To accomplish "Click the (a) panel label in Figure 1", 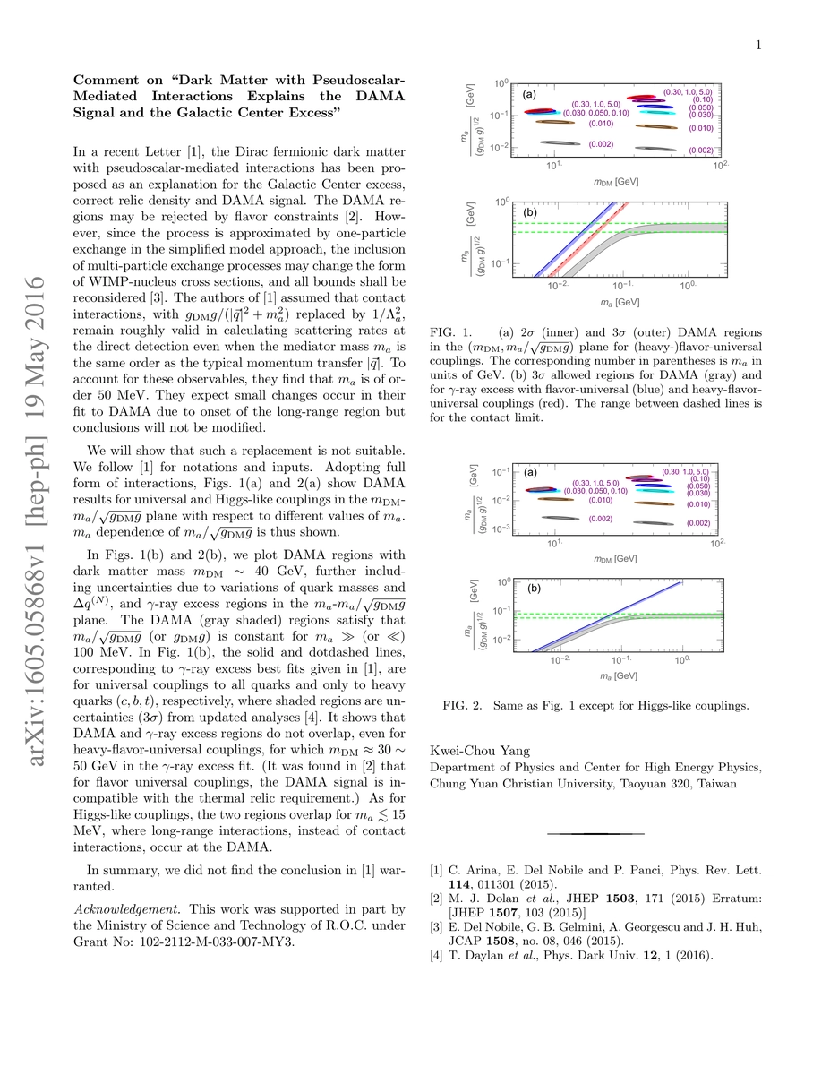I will (x=529, y=95).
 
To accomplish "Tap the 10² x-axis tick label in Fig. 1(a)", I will (x=717, y=168).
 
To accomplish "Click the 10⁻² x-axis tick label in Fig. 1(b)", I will (x=559, y=285).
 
